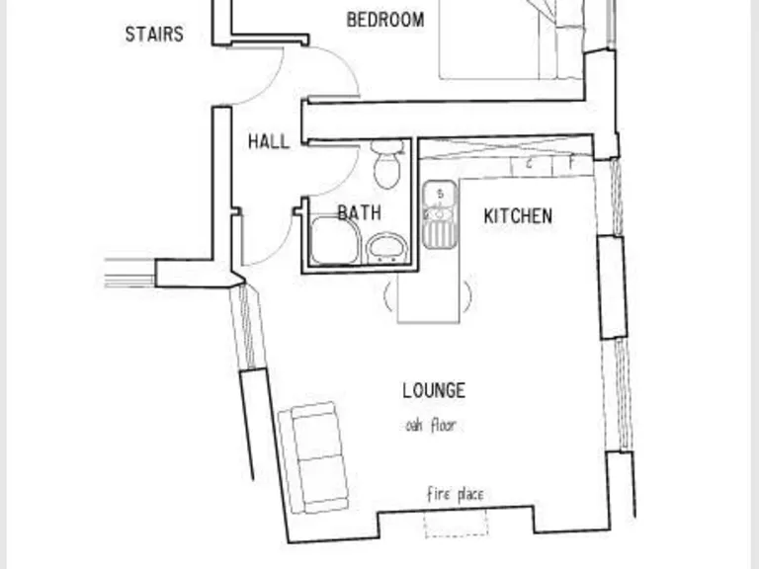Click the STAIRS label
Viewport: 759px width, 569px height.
click(154, 35)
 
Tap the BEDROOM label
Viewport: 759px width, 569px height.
click(385, 20)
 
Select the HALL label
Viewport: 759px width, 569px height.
click(269, 141)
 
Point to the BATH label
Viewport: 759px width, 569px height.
click(359, 211)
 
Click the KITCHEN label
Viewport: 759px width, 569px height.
click(517, 216)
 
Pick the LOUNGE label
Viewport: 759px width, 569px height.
click(433, 390)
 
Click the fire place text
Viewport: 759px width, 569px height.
click(455, 494)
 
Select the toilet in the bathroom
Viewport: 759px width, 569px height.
click(387, 163)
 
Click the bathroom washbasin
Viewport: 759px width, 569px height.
click(385, 247)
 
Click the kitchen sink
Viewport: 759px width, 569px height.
click(439, 214)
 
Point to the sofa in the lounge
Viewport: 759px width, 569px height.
click(313, 456)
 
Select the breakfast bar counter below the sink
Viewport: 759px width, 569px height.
click(429, 296)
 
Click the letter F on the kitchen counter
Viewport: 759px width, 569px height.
click(571, 164)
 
